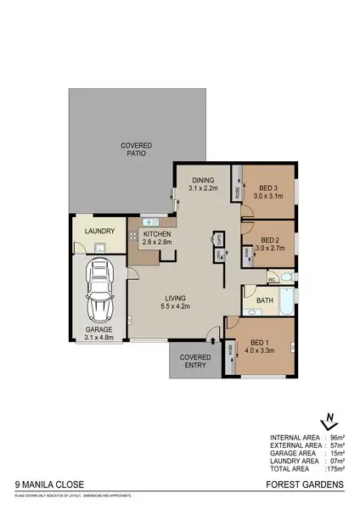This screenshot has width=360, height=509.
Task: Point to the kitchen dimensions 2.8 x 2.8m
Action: (x=158, y=243)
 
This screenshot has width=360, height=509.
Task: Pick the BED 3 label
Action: (x=268, y=187)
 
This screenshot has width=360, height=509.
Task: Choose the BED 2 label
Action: (x=270, y=240)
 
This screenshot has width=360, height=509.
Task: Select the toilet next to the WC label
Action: (x=285, y=278)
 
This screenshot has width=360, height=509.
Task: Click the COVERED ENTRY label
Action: (x=194, y=361)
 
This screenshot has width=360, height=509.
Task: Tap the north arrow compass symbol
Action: (x=329, y=421)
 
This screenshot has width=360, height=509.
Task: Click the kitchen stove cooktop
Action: (x=133, y=235)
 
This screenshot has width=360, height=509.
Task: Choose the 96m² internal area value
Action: (x=335, y=439)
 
